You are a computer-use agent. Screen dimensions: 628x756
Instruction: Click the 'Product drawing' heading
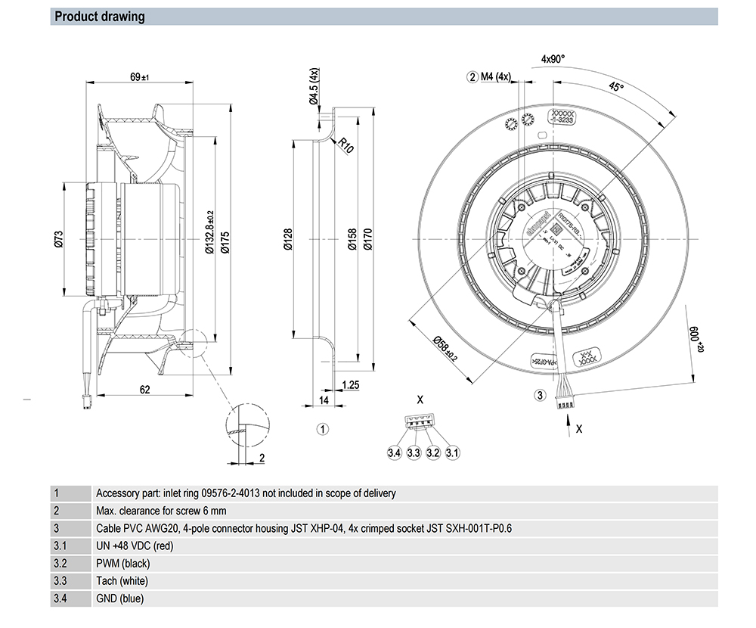pos(100,17)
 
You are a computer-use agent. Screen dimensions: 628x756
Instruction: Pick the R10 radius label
pos(345,144)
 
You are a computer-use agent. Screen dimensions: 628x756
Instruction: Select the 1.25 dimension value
pos(350,385)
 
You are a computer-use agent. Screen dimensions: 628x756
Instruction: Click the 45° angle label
pos(617,87)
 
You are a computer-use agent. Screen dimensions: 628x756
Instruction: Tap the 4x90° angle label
pos(553,58)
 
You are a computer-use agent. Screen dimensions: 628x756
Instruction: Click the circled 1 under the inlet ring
pos(322,429)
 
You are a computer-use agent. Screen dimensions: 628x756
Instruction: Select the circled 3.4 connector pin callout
pos(393,453)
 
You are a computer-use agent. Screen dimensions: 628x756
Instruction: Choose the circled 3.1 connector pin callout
pos(452,453)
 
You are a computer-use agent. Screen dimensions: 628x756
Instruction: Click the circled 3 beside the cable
pos(540,394)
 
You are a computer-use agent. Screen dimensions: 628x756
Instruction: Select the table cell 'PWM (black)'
pos(123,564)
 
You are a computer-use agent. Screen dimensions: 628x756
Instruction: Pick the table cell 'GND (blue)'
pos(119,598)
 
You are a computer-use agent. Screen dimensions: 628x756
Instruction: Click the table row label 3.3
pos(60,581)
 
